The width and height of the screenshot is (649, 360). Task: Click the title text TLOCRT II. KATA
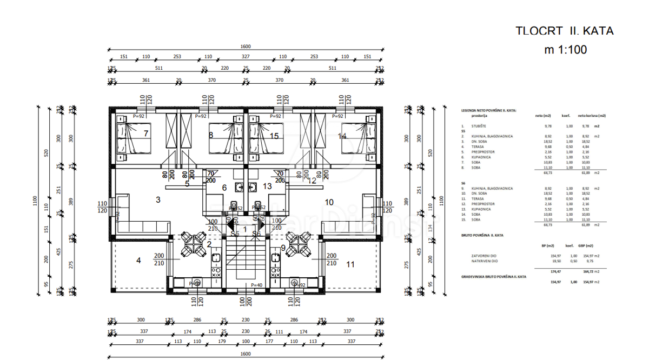click(x=565, y=31)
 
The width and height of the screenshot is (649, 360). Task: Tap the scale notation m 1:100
click(x=565, y=50)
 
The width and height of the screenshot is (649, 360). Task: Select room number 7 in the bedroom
click(x=146, y=133)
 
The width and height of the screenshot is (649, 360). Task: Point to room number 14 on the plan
click(x=342, y=136)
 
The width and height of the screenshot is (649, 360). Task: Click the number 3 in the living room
click(x=158, y=200)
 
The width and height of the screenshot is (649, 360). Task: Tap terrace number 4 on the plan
click(x=138, y=261)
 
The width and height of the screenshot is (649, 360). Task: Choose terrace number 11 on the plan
click(x=350, y=264)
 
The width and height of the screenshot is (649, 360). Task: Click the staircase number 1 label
click(x=245, y=230)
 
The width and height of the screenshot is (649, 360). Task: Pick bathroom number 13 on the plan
click(x=267, y=186)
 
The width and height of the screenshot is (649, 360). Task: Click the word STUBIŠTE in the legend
click(x=479, y=126)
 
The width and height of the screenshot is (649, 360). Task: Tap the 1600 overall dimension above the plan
click(x=246, y=47)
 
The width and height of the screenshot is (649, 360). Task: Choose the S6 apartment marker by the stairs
click(x=256, y=234)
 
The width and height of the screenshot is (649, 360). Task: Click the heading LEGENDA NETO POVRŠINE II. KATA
click(x=488, y=110)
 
